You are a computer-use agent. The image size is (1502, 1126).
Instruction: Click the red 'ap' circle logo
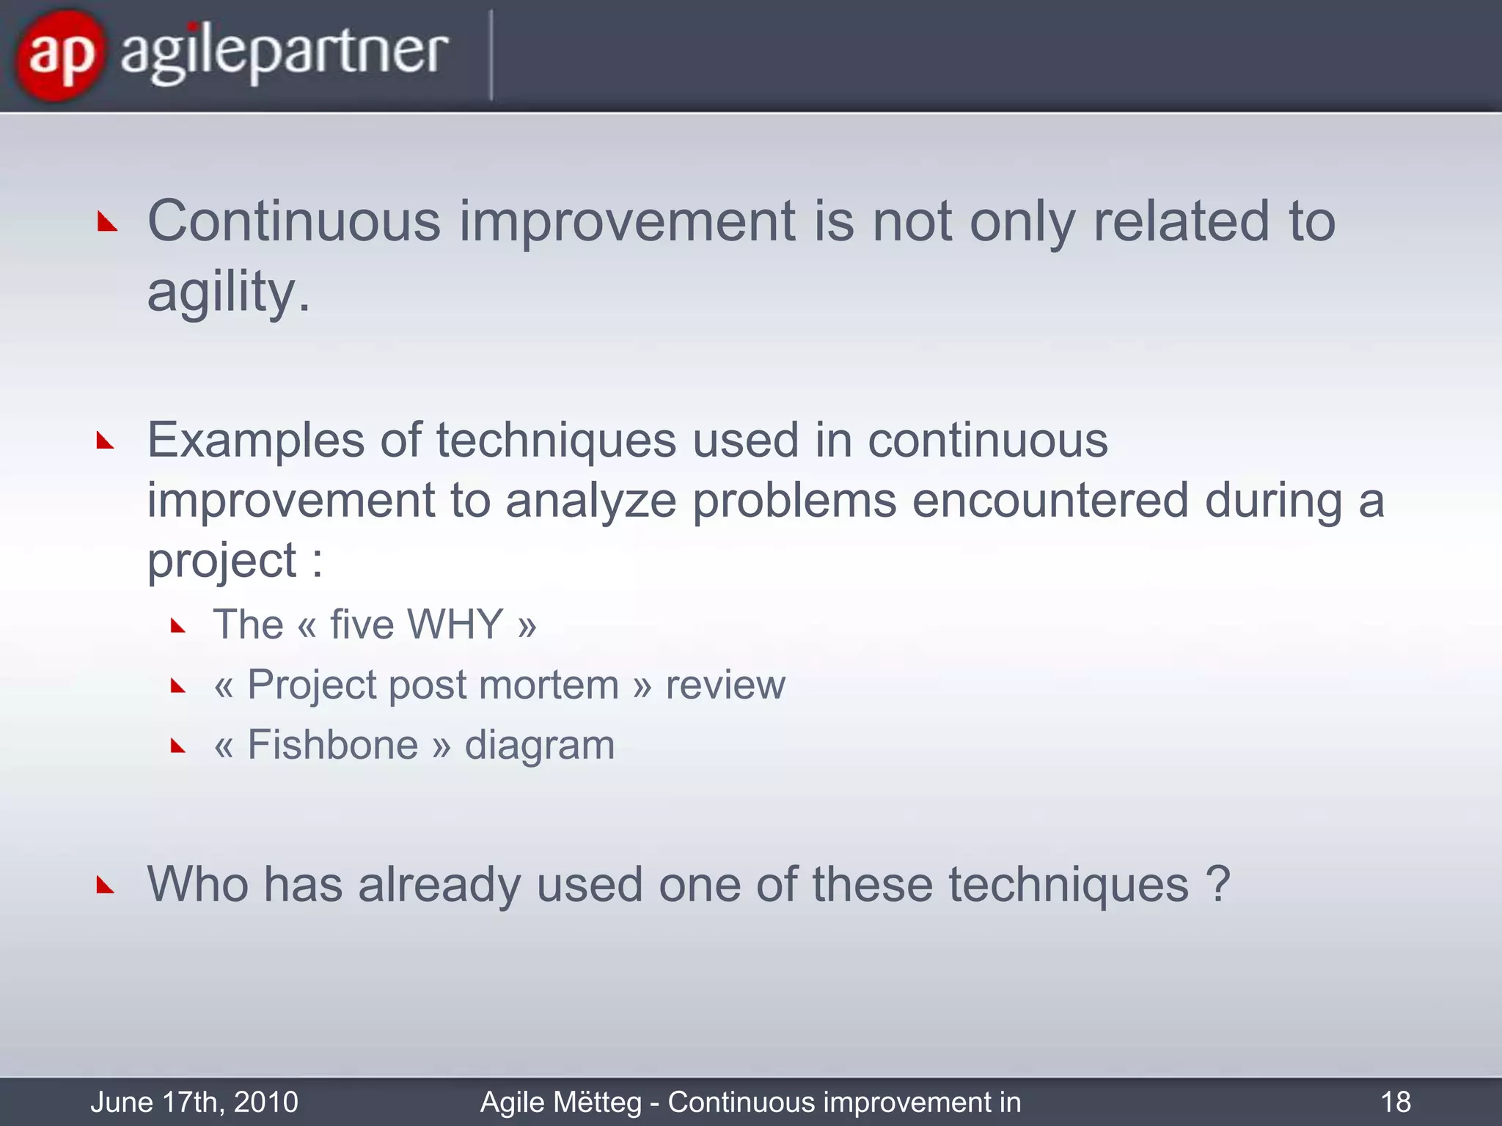tap(59, 55)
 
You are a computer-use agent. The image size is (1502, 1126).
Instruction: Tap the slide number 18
tap(1395, 1102)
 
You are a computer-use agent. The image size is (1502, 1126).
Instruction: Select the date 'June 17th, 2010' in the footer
tap(194, 1102)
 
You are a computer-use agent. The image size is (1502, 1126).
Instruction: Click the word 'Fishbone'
tap(332, 745)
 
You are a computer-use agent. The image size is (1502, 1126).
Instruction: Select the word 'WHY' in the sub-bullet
tap(455, 625)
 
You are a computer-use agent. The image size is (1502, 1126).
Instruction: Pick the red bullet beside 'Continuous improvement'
tap(107, 222)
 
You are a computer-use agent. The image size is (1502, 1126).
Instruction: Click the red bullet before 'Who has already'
tap(106, 886)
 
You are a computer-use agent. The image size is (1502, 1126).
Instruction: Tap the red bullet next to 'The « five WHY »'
tap(177, 626)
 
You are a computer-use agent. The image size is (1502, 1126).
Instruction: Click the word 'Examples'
tap(256, 441)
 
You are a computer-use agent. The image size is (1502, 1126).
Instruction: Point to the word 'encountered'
tap(1049, 501)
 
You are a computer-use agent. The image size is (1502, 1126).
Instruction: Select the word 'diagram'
tap(539, 746)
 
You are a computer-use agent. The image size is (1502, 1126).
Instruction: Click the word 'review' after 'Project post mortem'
tap(725, 685)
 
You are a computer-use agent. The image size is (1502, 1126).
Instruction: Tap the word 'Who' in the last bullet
tap(198, 884)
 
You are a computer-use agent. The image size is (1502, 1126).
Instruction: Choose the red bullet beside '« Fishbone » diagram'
tap(177, 747)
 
